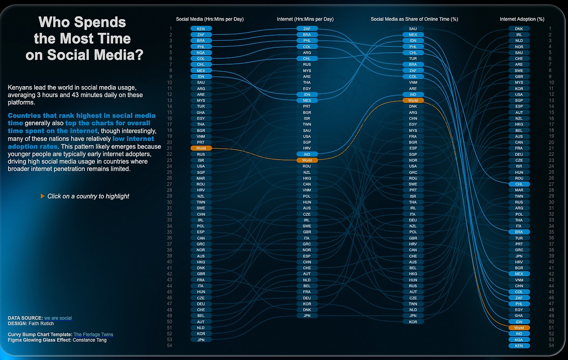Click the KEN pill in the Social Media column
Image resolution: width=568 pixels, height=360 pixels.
coord(201,28)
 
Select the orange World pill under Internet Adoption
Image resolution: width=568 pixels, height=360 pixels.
coord(519,328)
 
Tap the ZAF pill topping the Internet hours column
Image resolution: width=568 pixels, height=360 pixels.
coord(307,28)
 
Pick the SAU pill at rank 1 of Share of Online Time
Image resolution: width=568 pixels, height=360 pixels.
coord(413,28)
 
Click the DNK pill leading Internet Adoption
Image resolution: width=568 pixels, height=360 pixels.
coord(519,28)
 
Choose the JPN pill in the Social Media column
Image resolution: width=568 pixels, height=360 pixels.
coord(201,340)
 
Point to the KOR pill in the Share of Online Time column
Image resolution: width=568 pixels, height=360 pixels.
coord(413,322)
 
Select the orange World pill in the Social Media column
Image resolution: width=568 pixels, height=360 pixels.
coord(201,148)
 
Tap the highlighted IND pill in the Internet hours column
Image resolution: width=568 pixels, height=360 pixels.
coord(307,154)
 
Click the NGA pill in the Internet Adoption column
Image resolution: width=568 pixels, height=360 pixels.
coord(519,340)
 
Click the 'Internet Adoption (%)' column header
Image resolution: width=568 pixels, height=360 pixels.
coord(522,19)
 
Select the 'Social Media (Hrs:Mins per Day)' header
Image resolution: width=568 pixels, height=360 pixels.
coord(210,19)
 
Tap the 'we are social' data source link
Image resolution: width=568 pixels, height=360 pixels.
coord(58,318)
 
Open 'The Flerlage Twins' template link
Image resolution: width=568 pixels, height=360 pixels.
coord(93,334)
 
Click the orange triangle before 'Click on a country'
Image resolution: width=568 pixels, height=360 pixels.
coord(43,196)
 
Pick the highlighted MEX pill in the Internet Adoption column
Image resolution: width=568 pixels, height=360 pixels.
coord(519,274)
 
